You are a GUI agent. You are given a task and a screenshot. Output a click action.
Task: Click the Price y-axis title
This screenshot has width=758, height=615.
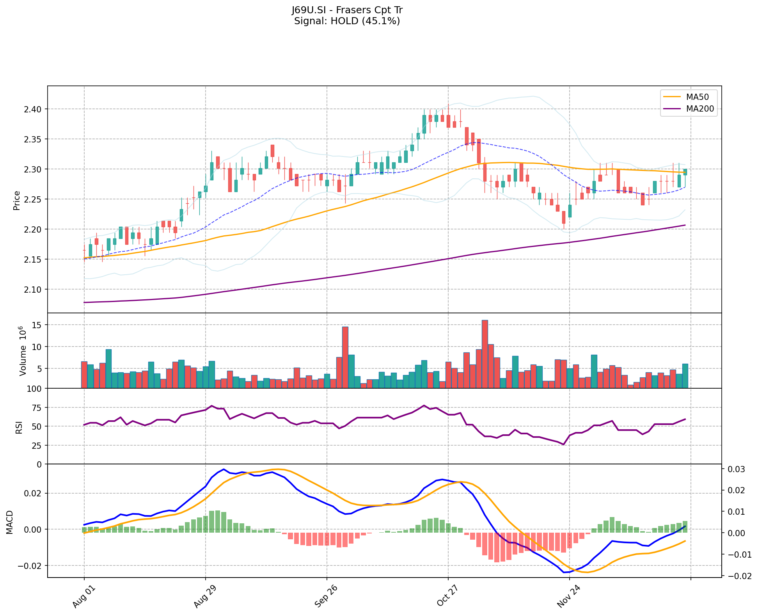coord(17,200)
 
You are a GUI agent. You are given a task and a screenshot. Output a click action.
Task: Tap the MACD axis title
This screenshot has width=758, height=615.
coord(10,522)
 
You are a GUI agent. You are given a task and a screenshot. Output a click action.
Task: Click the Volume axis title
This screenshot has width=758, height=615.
coord(23,351)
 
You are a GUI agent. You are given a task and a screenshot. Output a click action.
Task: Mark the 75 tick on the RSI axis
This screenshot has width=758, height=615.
coord(36,407)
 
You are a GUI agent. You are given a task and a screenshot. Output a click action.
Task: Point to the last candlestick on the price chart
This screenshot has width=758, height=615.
coord(685,172)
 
